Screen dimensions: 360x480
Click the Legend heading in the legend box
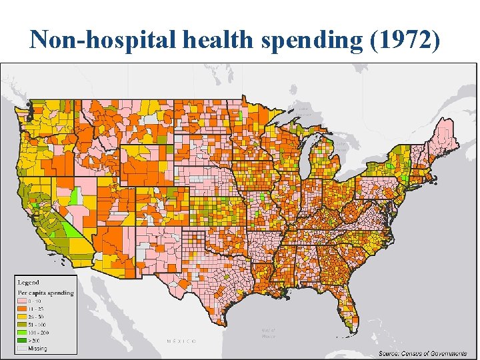[x=29, y=283]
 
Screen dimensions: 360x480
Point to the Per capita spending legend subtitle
[x=45, y=293]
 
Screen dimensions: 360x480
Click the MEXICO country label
[x=181, y=341]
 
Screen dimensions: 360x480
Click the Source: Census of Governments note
[x=423, y=353]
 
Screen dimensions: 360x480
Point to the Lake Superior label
[x=303, y=111]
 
